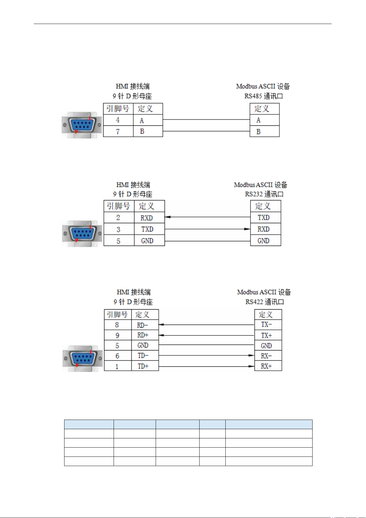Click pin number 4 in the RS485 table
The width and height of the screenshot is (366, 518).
pos(118,120)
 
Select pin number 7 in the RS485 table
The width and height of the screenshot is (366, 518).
pos(118,132)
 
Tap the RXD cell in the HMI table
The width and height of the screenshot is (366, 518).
pos(147,218)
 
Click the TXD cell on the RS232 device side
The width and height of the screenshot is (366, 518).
pos(263,218)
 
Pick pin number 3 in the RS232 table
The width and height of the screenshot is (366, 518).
pos(118,229)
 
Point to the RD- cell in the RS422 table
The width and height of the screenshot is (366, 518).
pos(142,325)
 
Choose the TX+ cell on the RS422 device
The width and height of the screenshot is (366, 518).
pos(267,335)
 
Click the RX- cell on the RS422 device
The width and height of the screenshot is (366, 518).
pos(266,356)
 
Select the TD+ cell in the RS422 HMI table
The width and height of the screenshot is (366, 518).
pos(143,366)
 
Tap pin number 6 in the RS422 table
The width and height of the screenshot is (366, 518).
pos(117,356)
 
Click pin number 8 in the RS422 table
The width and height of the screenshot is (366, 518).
pos(117,325)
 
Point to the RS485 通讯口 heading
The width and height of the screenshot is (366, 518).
pos(264,96)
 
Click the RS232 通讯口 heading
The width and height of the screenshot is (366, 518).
pos(264,194)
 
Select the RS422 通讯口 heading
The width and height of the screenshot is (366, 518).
pos(265,302)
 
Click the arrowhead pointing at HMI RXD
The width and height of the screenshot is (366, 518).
pos(167,217)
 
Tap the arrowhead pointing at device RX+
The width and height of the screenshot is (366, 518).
pos(251,366)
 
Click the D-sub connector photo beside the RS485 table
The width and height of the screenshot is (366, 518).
pos(81,125)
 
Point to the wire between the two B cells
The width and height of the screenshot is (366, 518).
pos(206,131)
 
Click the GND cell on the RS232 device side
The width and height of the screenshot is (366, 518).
pos(263,241)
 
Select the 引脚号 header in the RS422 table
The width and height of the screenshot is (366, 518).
pos(117,314)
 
